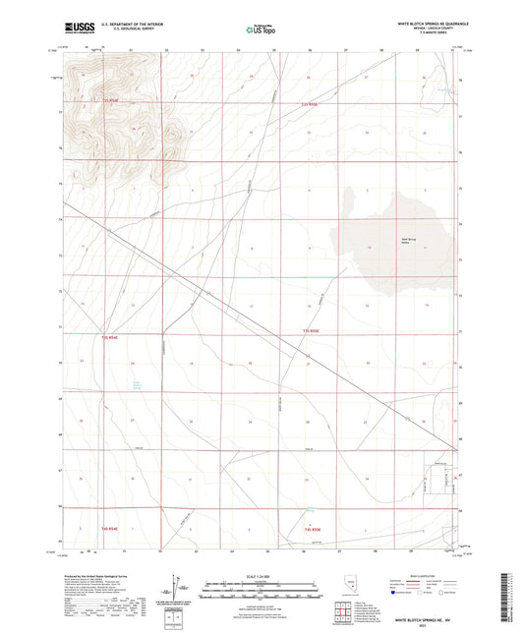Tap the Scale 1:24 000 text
coord(261,574)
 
